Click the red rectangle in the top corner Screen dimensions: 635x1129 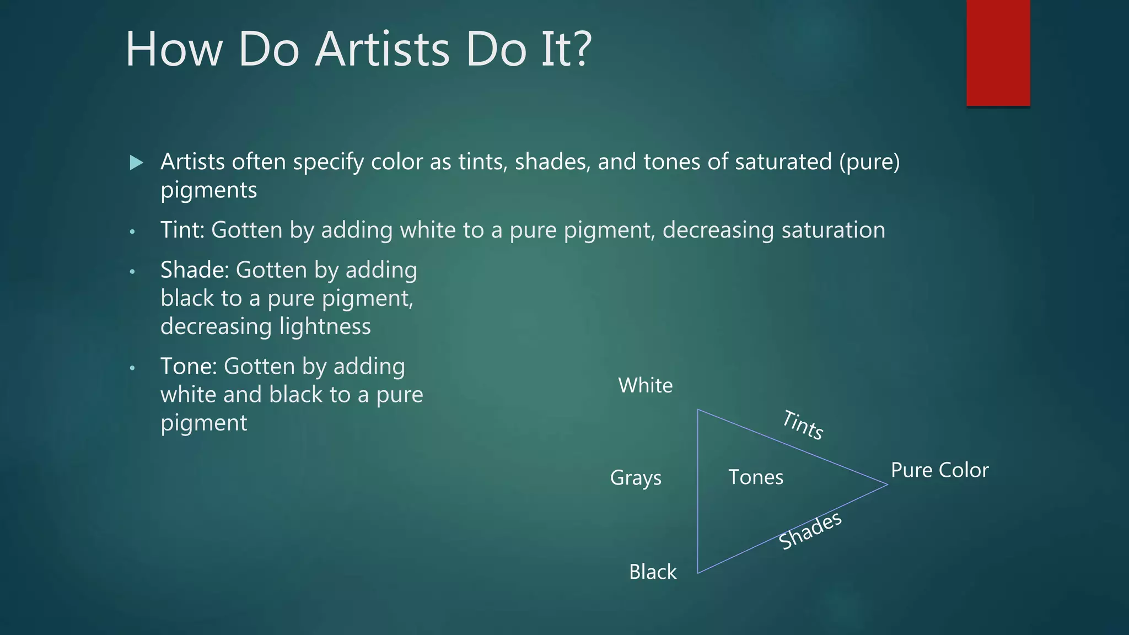998,53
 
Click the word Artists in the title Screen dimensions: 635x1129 382,50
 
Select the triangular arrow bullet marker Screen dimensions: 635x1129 137,163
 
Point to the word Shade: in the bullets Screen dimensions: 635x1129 195,270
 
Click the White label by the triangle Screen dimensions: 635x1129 645,385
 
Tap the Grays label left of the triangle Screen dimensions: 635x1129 636,478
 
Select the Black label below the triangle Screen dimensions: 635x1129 653,572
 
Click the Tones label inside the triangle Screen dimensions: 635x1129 755,477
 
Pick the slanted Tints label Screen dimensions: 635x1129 803,425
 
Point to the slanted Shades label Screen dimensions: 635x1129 810,530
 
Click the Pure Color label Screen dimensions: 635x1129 939,470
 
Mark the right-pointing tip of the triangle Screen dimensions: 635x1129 886,485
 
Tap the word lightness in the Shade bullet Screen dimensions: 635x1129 325,326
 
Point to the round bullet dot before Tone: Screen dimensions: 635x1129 132,368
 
